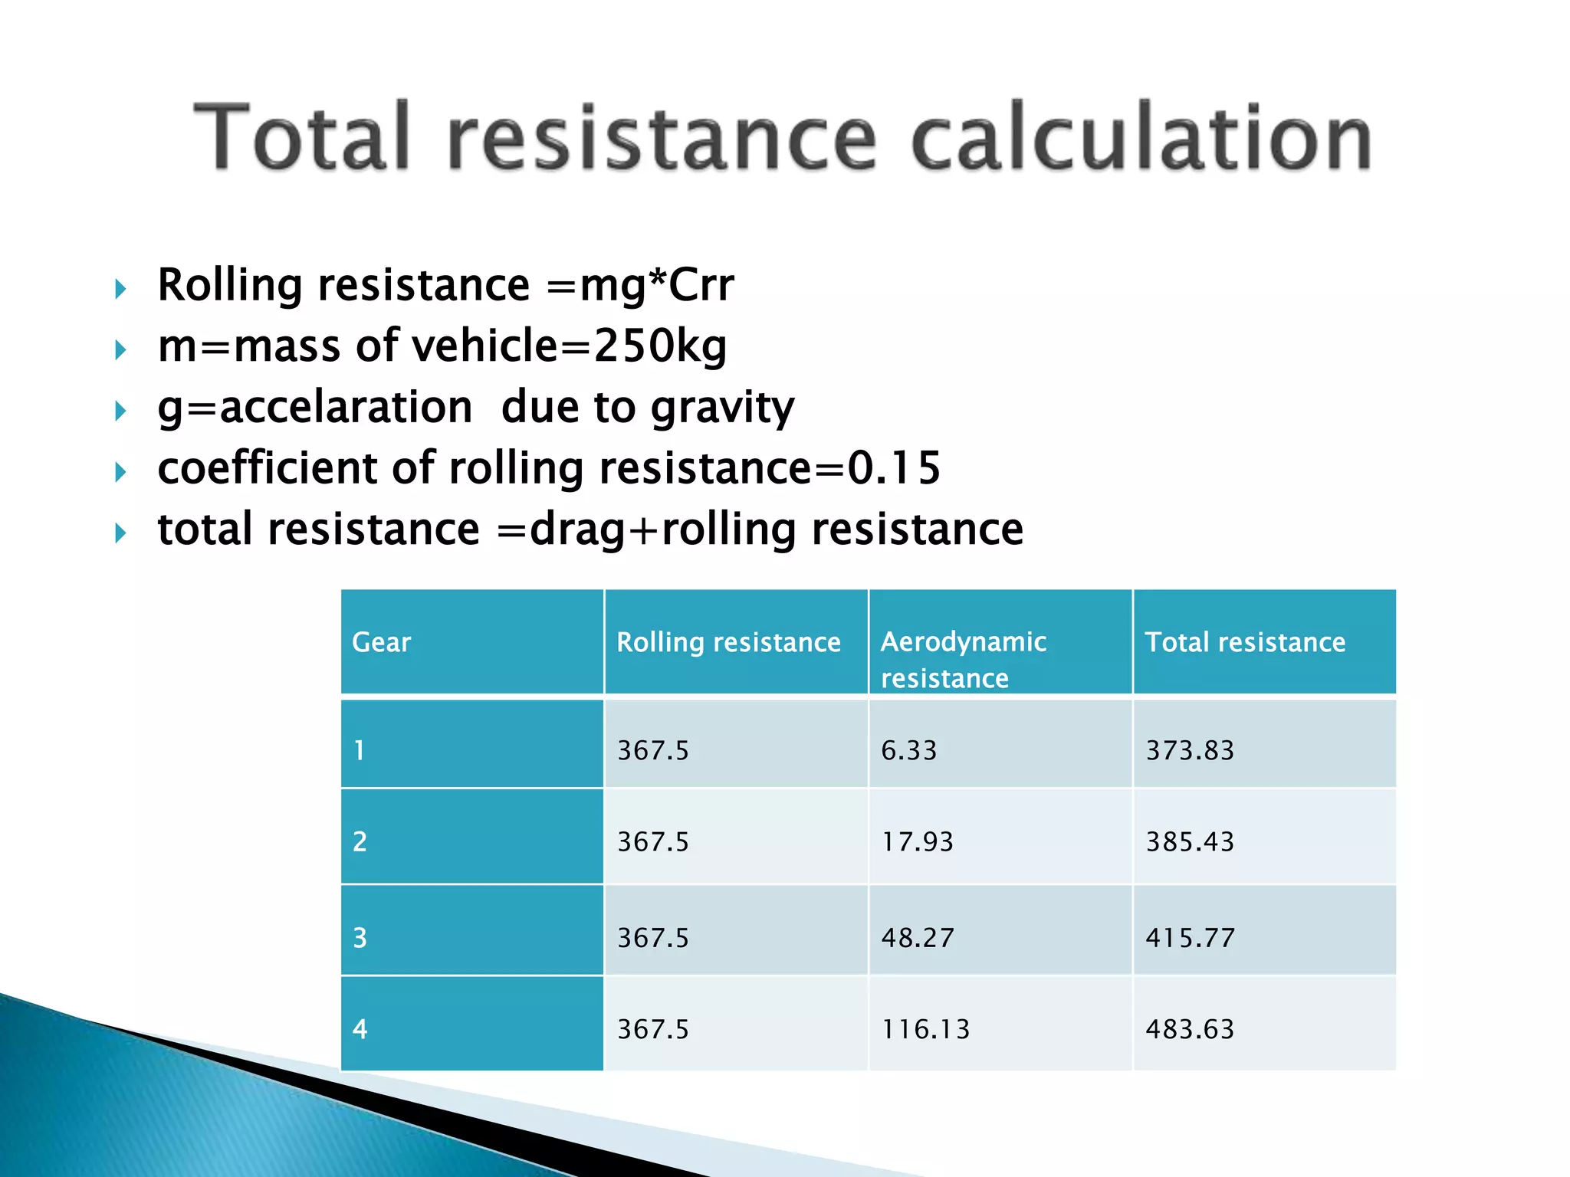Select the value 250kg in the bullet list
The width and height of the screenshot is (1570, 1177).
[x=660, y=346]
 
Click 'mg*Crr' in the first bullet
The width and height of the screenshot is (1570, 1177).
[x=657, y=285]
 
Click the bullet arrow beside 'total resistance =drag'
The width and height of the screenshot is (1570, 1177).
[x=120, y=533]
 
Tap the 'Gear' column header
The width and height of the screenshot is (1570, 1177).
[x=381, y=642]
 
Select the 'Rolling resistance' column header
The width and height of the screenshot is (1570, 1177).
[x=728, y=642]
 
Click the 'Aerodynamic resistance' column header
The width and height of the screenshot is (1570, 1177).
[x=963, y=659]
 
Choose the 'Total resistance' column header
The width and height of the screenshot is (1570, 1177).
[x=1245, y=642]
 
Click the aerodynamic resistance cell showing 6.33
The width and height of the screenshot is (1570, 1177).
[x=908, y=750]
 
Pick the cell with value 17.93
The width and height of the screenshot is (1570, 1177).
[x=917, y=842]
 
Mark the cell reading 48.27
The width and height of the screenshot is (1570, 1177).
[x=918, y=938]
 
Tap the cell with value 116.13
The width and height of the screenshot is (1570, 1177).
[x=925, y=1029]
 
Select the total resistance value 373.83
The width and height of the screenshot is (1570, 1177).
[x=1190, y=750]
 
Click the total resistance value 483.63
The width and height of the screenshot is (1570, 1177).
[x=1190, y=1029]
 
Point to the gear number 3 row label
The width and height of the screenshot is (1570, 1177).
[x=360, y=938]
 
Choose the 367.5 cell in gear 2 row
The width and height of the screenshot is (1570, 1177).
[x=653, y=842]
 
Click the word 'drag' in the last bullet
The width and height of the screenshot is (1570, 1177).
[x=577, y=530]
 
